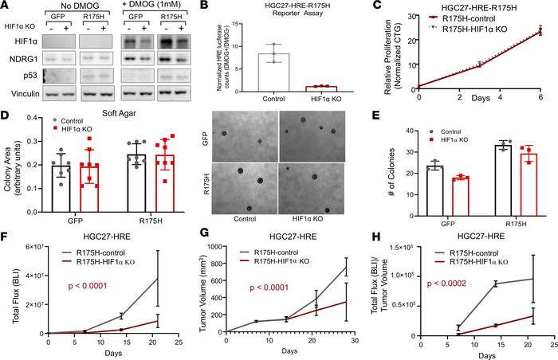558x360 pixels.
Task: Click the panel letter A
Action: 6,7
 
